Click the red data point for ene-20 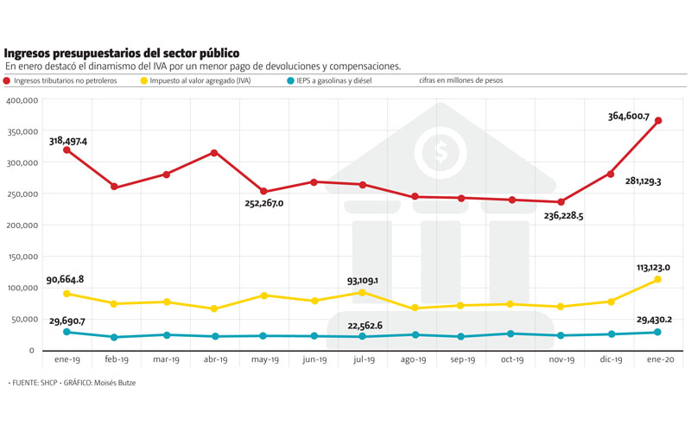[x=658, y=121]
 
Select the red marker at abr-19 [x=213, y=153]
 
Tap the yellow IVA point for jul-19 [x=363, y=293]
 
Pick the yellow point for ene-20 [x=658, y=279]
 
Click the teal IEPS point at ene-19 [x=67, y=332]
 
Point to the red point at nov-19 [x=560, y=202]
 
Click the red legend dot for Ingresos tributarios [x=8, y=80]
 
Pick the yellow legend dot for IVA [x=143, y=80]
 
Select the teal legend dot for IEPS [x=289, y=80]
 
